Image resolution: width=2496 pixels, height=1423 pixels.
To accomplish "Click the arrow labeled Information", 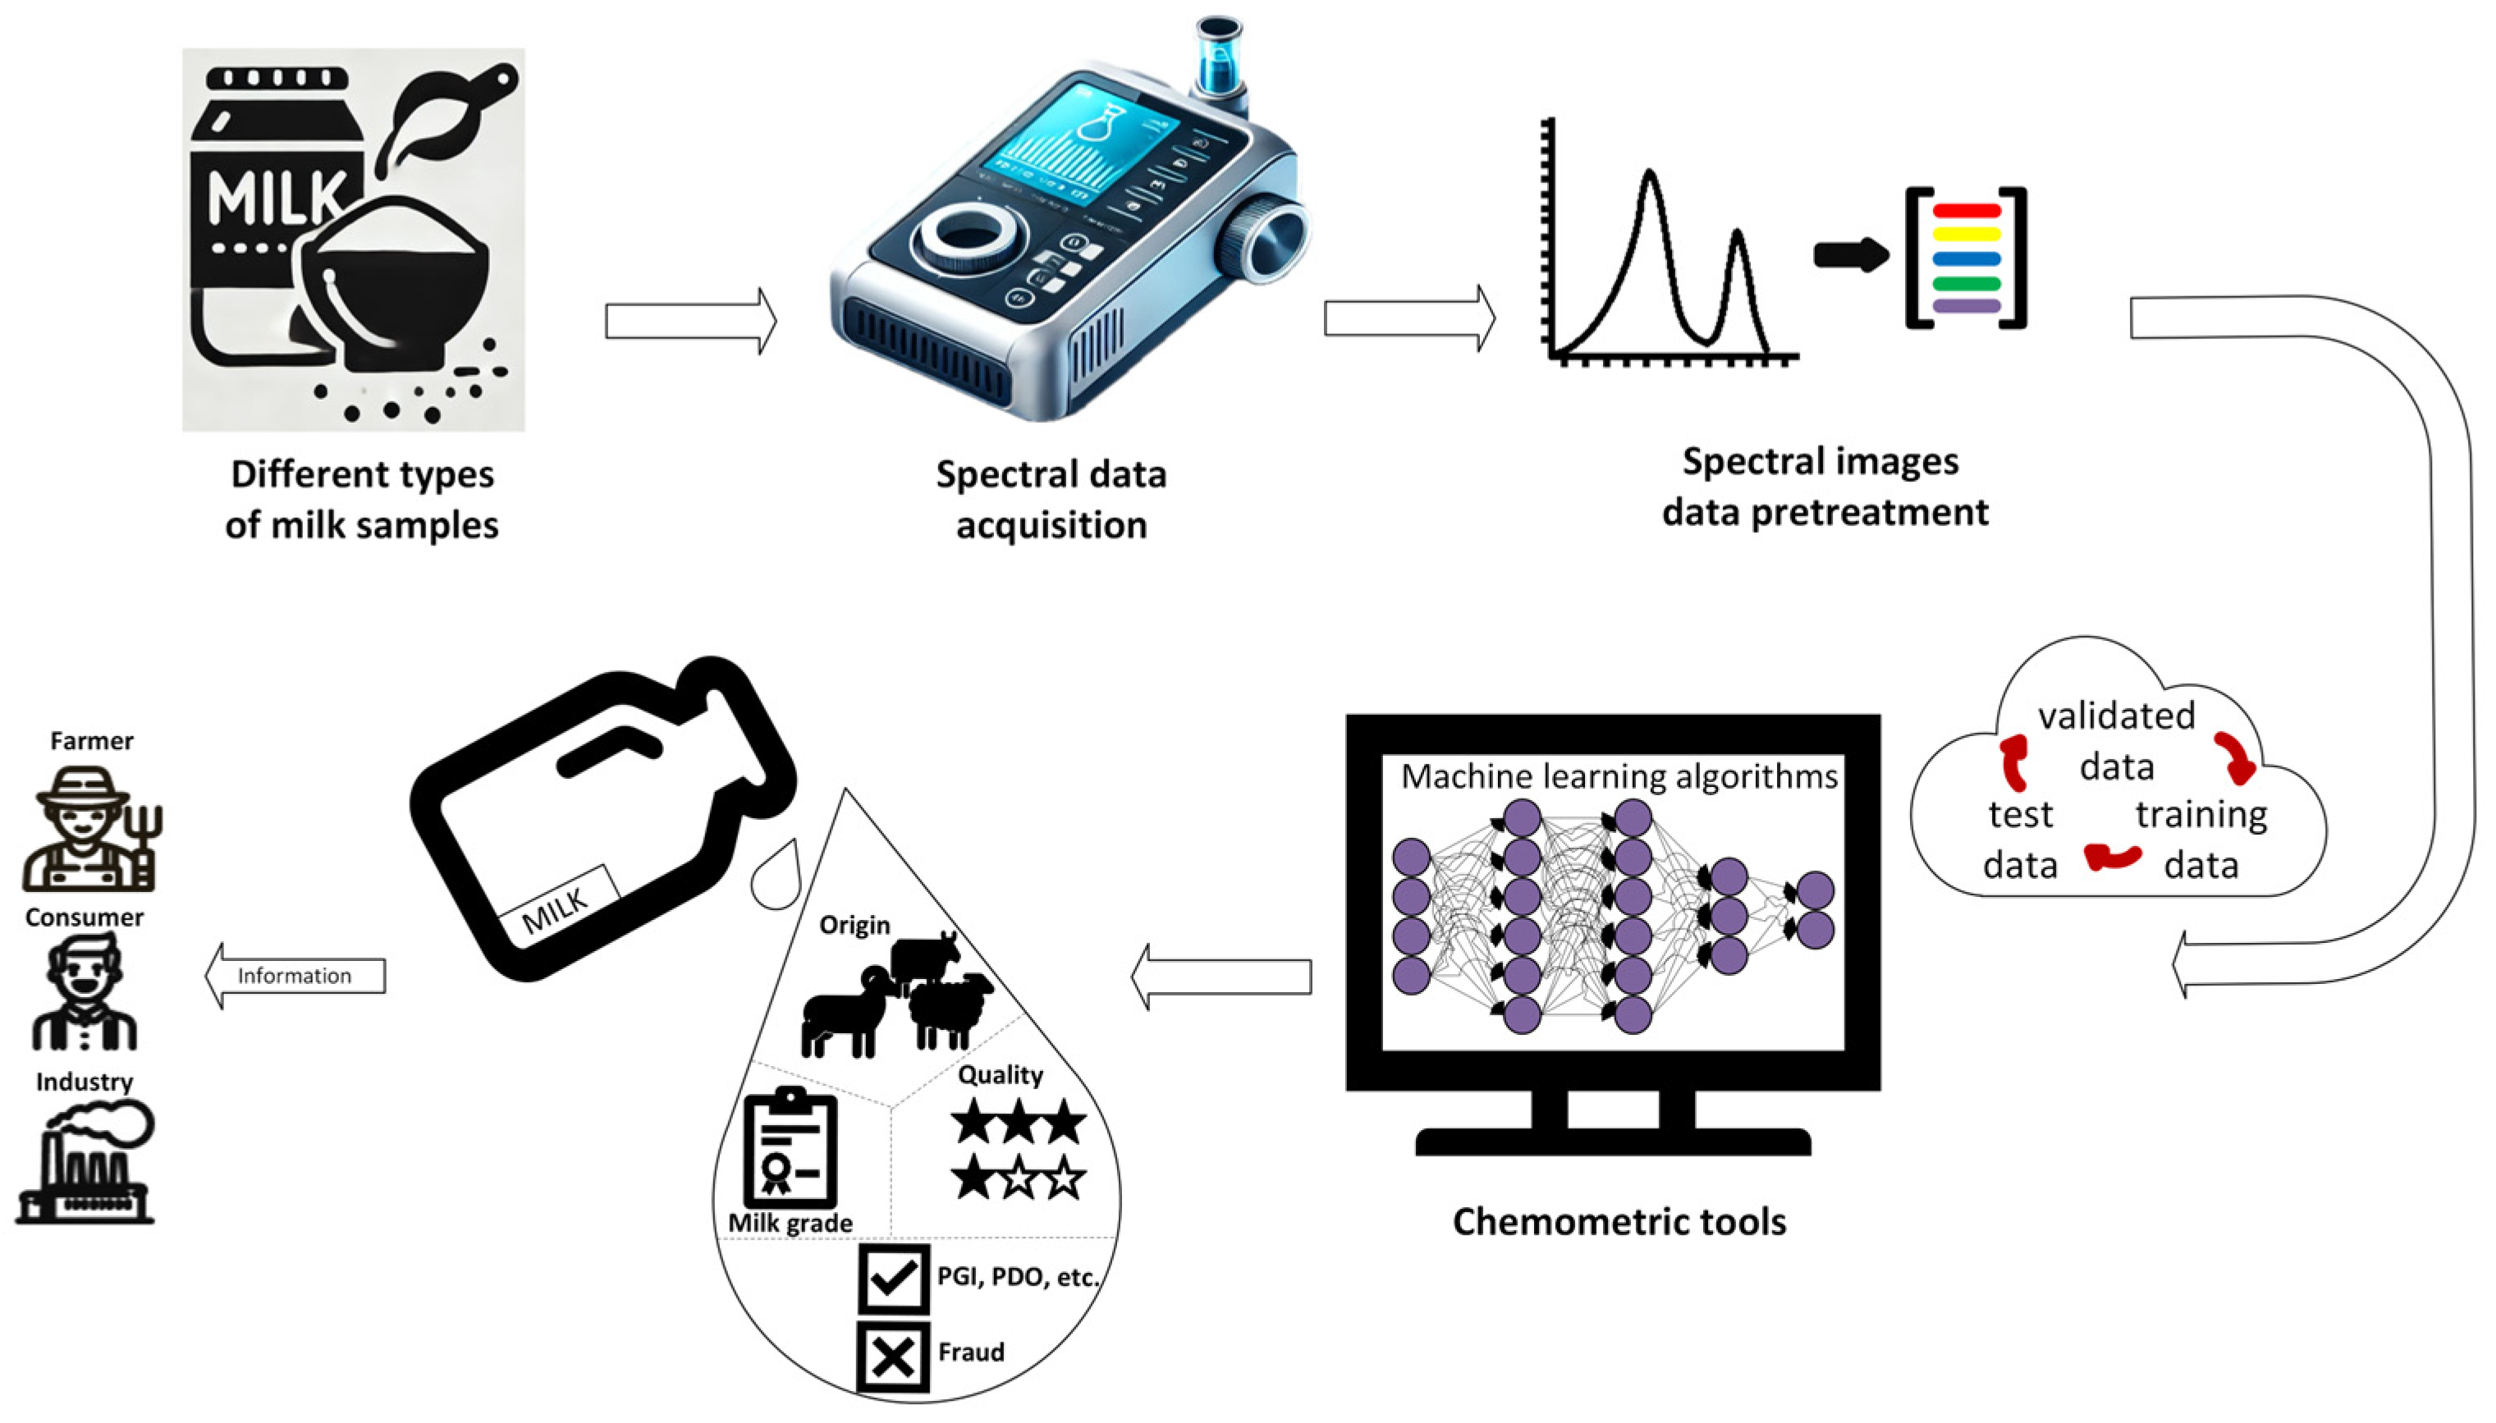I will click(294, 976).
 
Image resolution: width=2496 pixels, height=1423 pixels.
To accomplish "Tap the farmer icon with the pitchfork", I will click(90, 829).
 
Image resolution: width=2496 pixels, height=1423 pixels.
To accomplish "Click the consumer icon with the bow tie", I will click(84, 991).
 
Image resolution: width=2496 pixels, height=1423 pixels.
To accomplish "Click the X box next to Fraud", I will click(892, 1356).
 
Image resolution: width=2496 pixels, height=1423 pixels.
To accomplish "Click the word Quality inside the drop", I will click(1000, 1074).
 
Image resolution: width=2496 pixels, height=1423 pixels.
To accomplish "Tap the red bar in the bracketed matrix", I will click(1967, 211).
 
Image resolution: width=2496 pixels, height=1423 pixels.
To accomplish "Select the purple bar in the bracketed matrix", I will click(1967, 306).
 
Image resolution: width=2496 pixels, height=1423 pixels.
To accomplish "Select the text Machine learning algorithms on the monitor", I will click(1619, 776).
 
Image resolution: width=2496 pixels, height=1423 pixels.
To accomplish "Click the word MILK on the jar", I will click(277, 199).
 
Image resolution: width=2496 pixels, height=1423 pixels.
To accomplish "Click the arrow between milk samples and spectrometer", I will click(690, 321).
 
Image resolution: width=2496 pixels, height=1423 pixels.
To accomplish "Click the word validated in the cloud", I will click(2116, 716).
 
